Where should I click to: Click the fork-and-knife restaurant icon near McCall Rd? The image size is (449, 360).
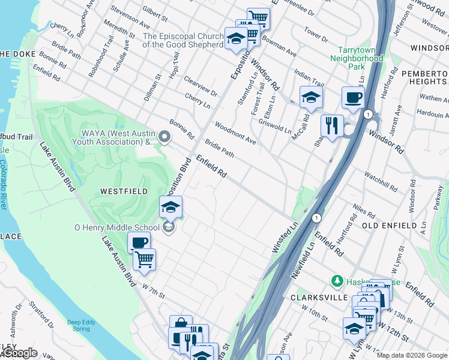point(332,126)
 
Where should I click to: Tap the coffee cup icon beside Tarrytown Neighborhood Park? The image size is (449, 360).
point(353,97)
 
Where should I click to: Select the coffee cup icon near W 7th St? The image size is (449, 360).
point(139,243)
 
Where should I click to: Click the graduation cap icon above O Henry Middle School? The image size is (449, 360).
point(170,208)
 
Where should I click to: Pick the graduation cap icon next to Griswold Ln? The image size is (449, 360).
point(310,97)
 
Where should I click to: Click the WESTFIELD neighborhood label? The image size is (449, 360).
point(124,191)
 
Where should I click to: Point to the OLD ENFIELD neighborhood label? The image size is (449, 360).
point(390,225)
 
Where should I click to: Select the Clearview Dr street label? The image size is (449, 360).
point(201,86)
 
